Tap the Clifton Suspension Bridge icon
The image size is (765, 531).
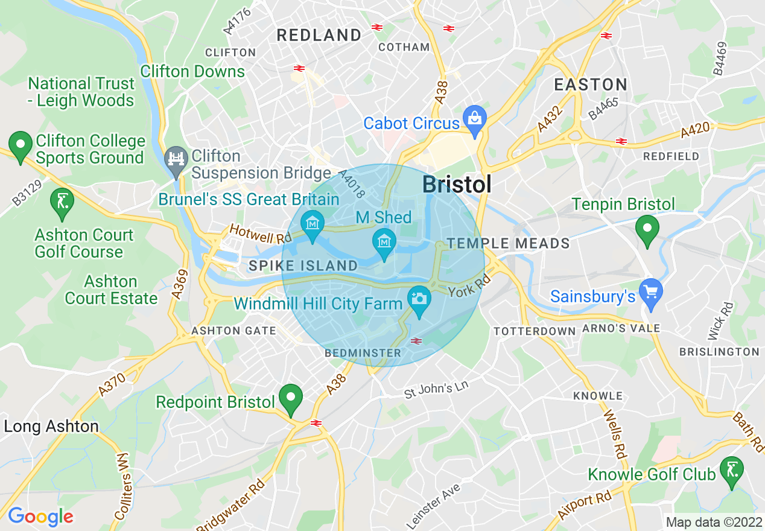[x=176, y=160]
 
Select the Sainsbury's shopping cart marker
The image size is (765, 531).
[x=651, y=293]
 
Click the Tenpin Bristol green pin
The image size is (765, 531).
[x=647, y=230]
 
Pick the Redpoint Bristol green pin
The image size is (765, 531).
[x=291, y=398]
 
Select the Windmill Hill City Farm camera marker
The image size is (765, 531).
[x=418, y=300]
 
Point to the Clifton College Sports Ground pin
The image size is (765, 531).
[x=21, y=145]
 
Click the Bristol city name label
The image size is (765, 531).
[x=457, y=184]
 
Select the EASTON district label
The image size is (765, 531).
[x=591, y=84]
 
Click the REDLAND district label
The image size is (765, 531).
[x=319, y=35]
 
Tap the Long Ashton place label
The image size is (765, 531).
[x=51, y=427]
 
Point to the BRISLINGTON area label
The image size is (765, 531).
[x=719, y=352]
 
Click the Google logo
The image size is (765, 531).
[x=40, y=517]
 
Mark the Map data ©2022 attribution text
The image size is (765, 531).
[x=714, y=522]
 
